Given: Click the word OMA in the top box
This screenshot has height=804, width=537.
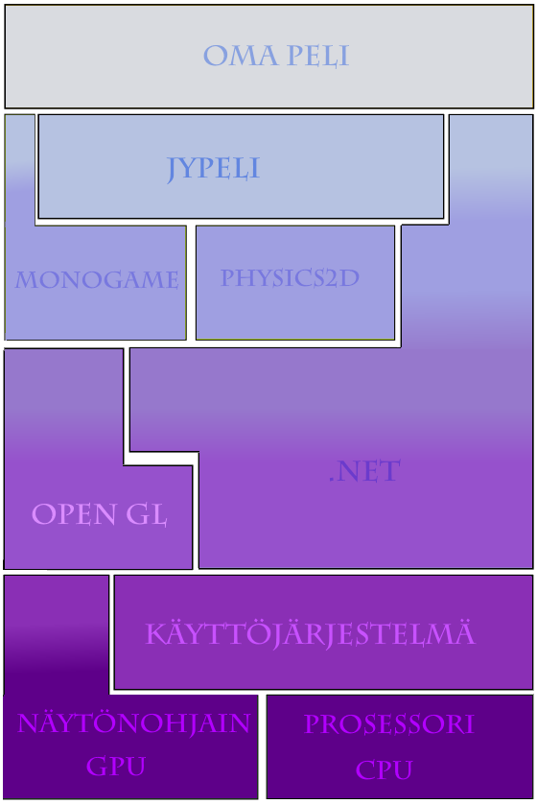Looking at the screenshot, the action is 241,56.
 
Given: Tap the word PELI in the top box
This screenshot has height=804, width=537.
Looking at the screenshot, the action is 317,56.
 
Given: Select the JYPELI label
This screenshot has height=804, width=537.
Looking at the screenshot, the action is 213,168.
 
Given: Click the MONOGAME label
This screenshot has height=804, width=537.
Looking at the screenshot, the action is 97,280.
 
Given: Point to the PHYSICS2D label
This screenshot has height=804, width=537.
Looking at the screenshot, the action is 290,277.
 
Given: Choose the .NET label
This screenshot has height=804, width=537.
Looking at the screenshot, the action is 364,471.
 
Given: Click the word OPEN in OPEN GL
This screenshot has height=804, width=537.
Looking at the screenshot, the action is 74,514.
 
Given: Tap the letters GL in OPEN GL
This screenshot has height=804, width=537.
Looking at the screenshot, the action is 147,514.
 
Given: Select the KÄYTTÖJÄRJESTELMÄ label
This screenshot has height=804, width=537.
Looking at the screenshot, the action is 311,632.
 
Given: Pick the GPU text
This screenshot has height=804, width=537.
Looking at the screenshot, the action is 116,766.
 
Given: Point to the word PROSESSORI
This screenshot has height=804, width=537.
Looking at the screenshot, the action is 389,724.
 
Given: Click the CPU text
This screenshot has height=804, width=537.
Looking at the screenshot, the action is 384,769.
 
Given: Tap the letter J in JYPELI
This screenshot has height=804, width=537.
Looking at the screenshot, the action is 173,169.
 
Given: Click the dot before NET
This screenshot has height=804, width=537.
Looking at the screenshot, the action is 332,480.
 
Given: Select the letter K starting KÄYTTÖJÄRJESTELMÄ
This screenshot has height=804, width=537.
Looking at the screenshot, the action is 155,634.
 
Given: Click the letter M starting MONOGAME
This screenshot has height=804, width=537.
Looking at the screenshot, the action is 26,280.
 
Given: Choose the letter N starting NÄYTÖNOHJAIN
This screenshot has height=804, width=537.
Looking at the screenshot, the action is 28,723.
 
